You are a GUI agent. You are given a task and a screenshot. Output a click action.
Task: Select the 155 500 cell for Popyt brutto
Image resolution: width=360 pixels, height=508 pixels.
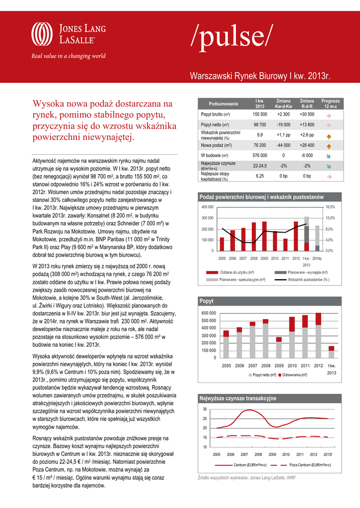[260, 115]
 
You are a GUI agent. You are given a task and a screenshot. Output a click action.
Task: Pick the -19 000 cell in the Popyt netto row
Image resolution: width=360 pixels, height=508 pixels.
[284, 125]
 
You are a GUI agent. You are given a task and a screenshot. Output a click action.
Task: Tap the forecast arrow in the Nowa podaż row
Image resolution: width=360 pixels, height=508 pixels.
[329, 146]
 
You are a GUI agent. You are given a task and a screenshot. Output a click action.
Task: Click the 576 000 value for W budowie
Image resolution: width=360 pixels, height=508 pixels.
[260, 155]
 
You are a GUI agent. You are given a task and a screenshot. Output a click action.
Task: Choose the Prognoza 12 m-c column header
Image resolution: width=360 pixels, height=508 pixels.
[331, 104]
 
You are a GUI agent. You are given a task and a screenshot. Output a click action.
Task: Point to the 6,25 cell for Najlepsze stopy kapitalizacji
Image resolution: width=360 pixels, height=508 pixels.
[260, 176]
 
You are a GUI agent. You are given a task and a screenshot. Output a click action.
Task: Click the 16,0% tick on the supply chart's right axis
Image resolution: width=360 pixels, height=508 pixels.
[331, 207]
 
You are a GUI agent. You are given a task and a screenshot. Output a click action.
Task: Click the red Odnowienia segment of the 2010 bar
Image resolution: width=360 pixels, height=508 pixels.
[292, 323]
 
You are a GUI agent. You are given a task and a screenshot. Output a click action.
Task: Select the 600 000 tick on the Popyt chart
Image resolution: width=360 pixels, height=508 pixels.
[209, 314]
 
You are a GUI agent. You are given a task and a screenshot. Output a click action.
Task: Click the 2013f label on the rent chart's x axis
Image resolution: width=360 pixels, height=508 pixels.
[328, 454]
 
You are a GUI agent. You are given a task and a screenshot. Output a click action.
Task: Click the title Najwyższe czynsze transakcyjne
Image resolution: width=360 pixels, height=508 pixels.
[238, 398]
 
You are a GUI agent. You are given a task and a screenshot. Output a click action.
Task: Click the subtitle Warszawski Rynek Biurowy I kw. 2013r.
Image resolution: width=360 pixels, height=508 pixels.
[261, 76]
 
